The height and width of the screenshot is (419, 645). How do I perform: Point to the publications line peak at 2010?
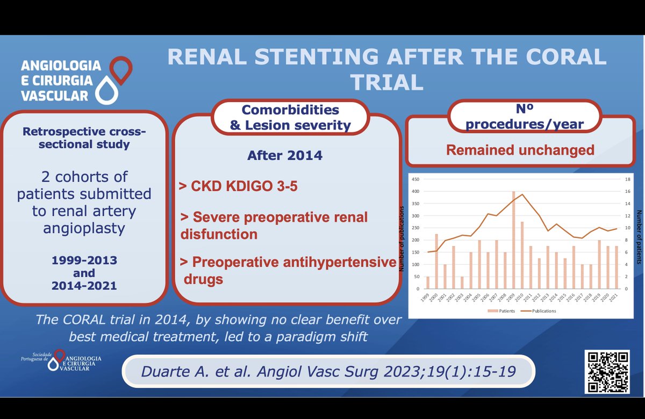click(522, 194)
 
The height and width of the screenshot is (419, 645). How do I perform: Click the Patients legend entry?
click(500, 310)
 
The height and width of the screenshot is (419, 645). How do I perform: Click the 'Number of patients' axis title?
click(639, 236)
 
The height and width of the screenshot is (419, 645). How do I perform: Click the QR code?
click(606, 372)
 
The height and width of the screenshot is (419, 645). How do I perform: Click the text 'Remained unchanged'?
click(520, 150)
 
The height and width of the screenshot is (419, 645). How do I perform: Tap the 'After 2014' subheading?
click(285, 156)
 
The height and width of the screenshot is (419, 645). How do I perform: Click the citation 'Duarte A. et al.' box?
click(328, 372)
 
